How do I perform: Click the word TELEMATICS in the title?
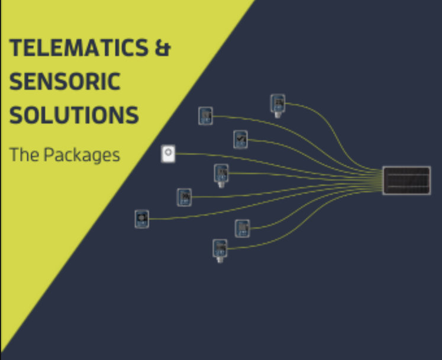[79, 47]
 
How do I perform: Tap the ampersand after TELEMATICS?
[163, 48]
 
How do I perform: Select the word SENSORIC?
[65, 81]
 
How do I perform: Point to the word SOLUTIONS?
[74, 115]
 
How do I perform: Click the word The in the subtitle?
[24, 154]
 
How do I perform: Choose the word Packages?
[82, 155]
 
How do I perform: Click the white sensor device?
[168, 154]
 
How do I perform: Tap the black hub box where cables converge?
[406, 180]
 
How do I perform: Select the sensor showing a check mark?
[240, 139]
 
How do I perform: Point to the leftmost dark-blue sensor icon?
[142, 219]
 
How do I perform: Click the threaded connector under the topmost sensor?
[278, 115]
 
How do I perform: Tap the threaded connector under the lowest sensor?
[220, 260]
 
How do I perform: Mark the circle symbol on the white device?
[168, 152]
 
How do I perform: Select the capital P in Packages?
[49, 154]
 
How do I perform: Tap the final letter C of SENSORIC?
[114, 82]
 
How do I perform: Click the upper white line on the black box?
[406, 175]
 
